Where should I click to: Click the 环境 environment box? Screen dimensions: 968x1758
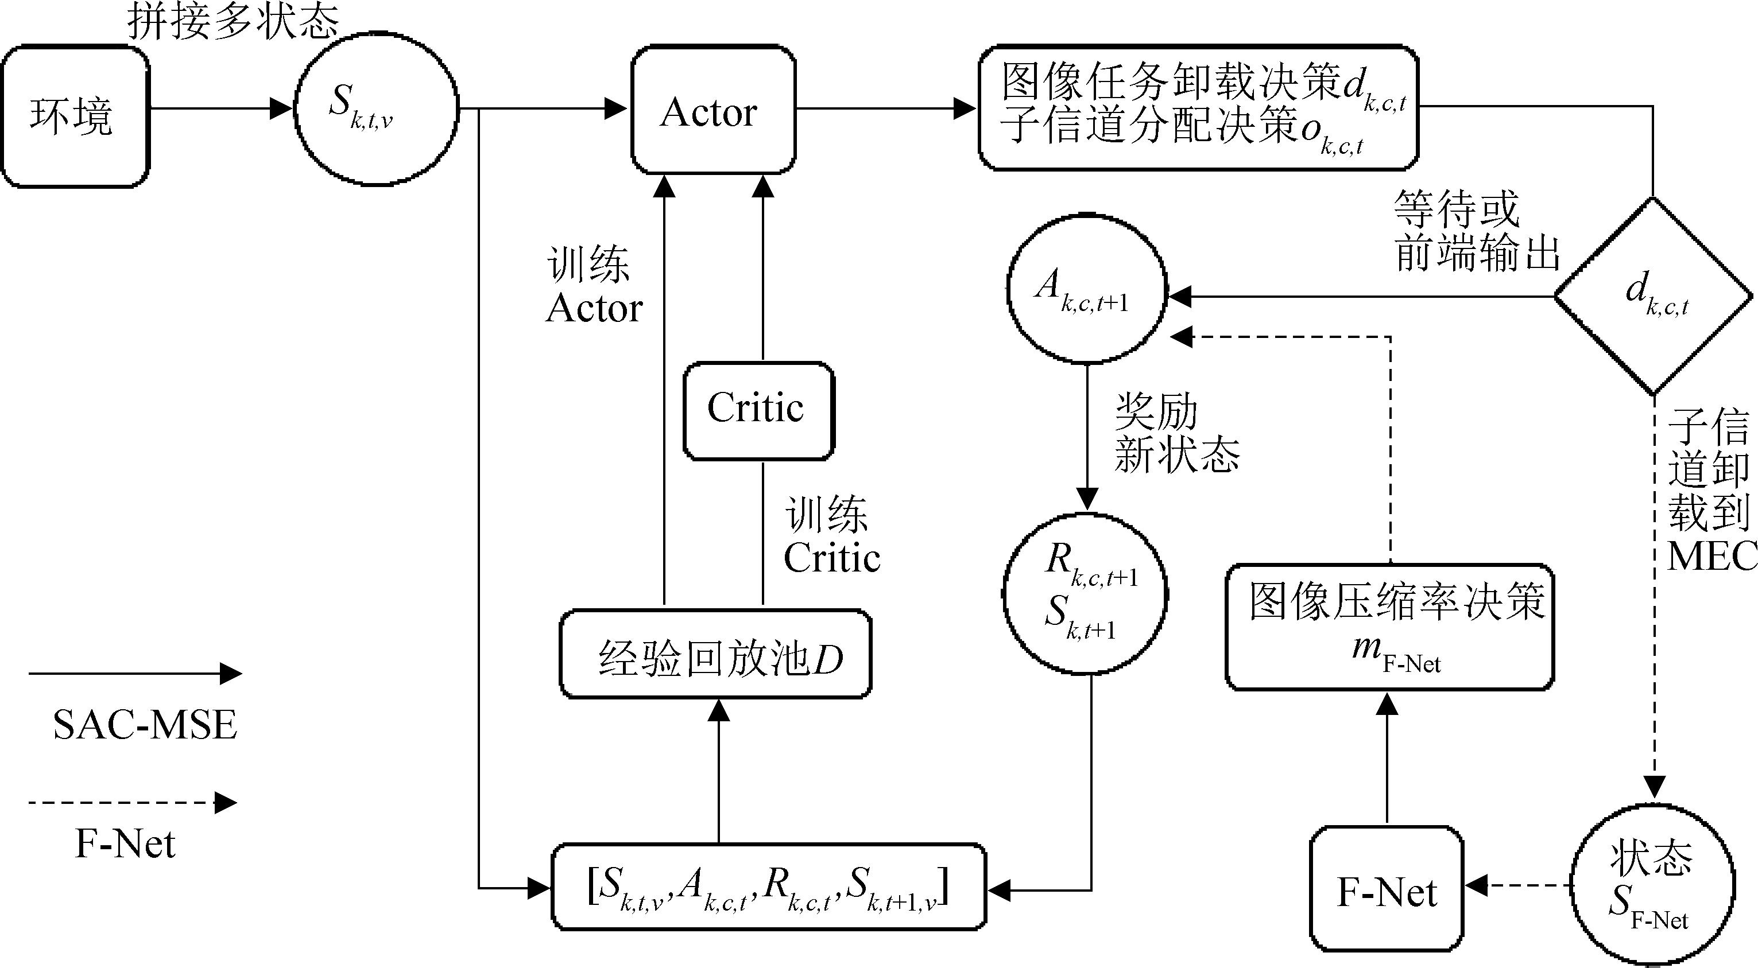pyautogui.click(x=75, y=116)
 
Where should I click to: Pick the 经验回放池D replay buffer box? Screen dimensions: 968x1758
pyautogui.click(x=715, y=654)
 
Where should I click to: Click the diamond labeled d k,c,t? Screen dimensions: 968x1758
pyautogui.click(x=1653, y=296)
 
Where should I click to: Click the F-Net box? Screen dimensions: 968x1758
pyautogui.click(x=1386, y=888)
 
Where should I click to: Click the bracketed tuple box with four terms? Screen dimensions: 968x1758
pyautogui.click(x=768, y=887)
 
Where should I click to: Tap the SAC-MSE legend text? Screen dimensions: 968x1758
pyautogui.click(x=145, y=725)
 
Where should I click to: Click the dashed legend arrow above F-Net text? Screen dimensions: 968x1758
pyautogui.click(x=133, y=802)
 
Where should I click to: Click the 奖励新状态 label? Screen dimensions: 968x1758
pyautogui.click(x=1176, y=433)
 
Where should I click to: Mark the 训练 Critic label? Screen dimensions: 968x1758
pyautogui.click(x=831, y=536)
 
